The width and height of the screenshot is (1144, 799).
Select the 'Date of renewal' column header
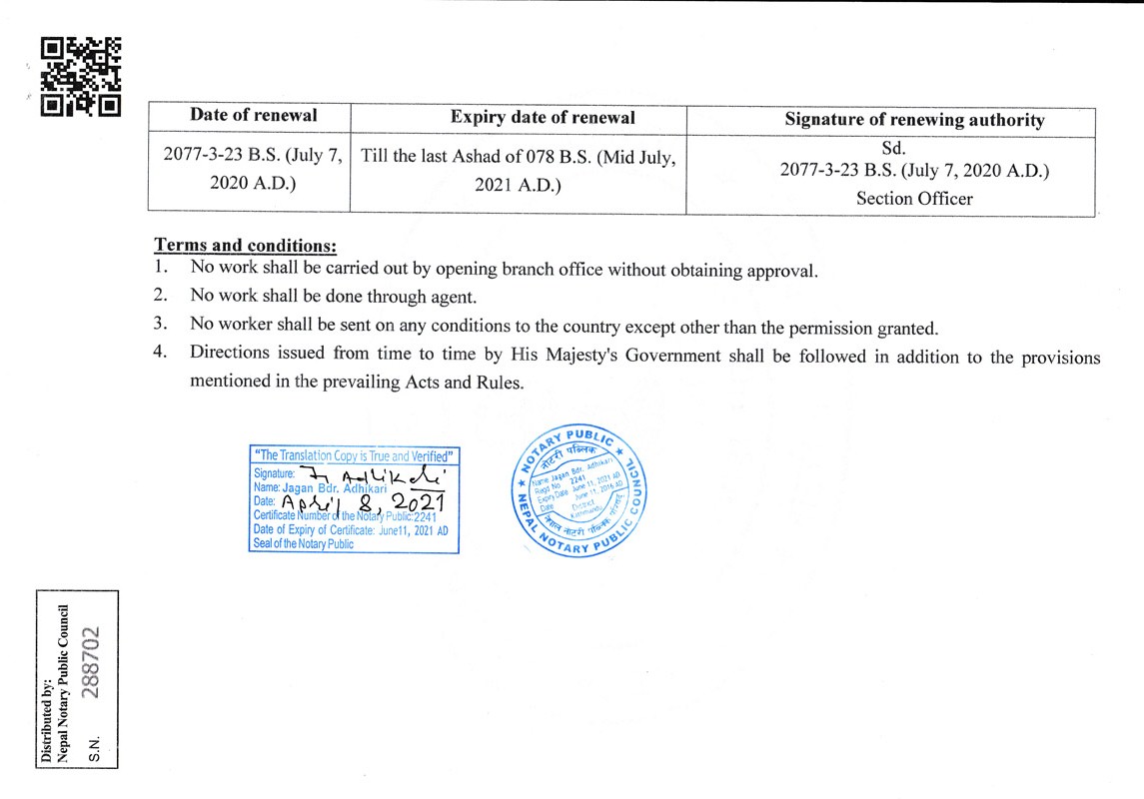pyautogui.click(x=254, y=115)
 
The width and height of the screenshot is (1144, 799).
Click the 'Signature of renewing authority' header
pyautogui.click(x=914, y=120)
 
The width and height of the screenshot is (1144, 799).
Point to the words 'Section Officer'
pyautogui.click(x=914, y=198)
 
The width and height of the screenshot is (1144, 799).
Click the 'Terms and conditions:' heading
pyautogui.click(x=245, y=246)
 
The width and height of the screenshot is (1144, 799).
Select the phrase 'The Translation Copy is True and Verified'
pyautogui.click(x=355, y=455)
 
